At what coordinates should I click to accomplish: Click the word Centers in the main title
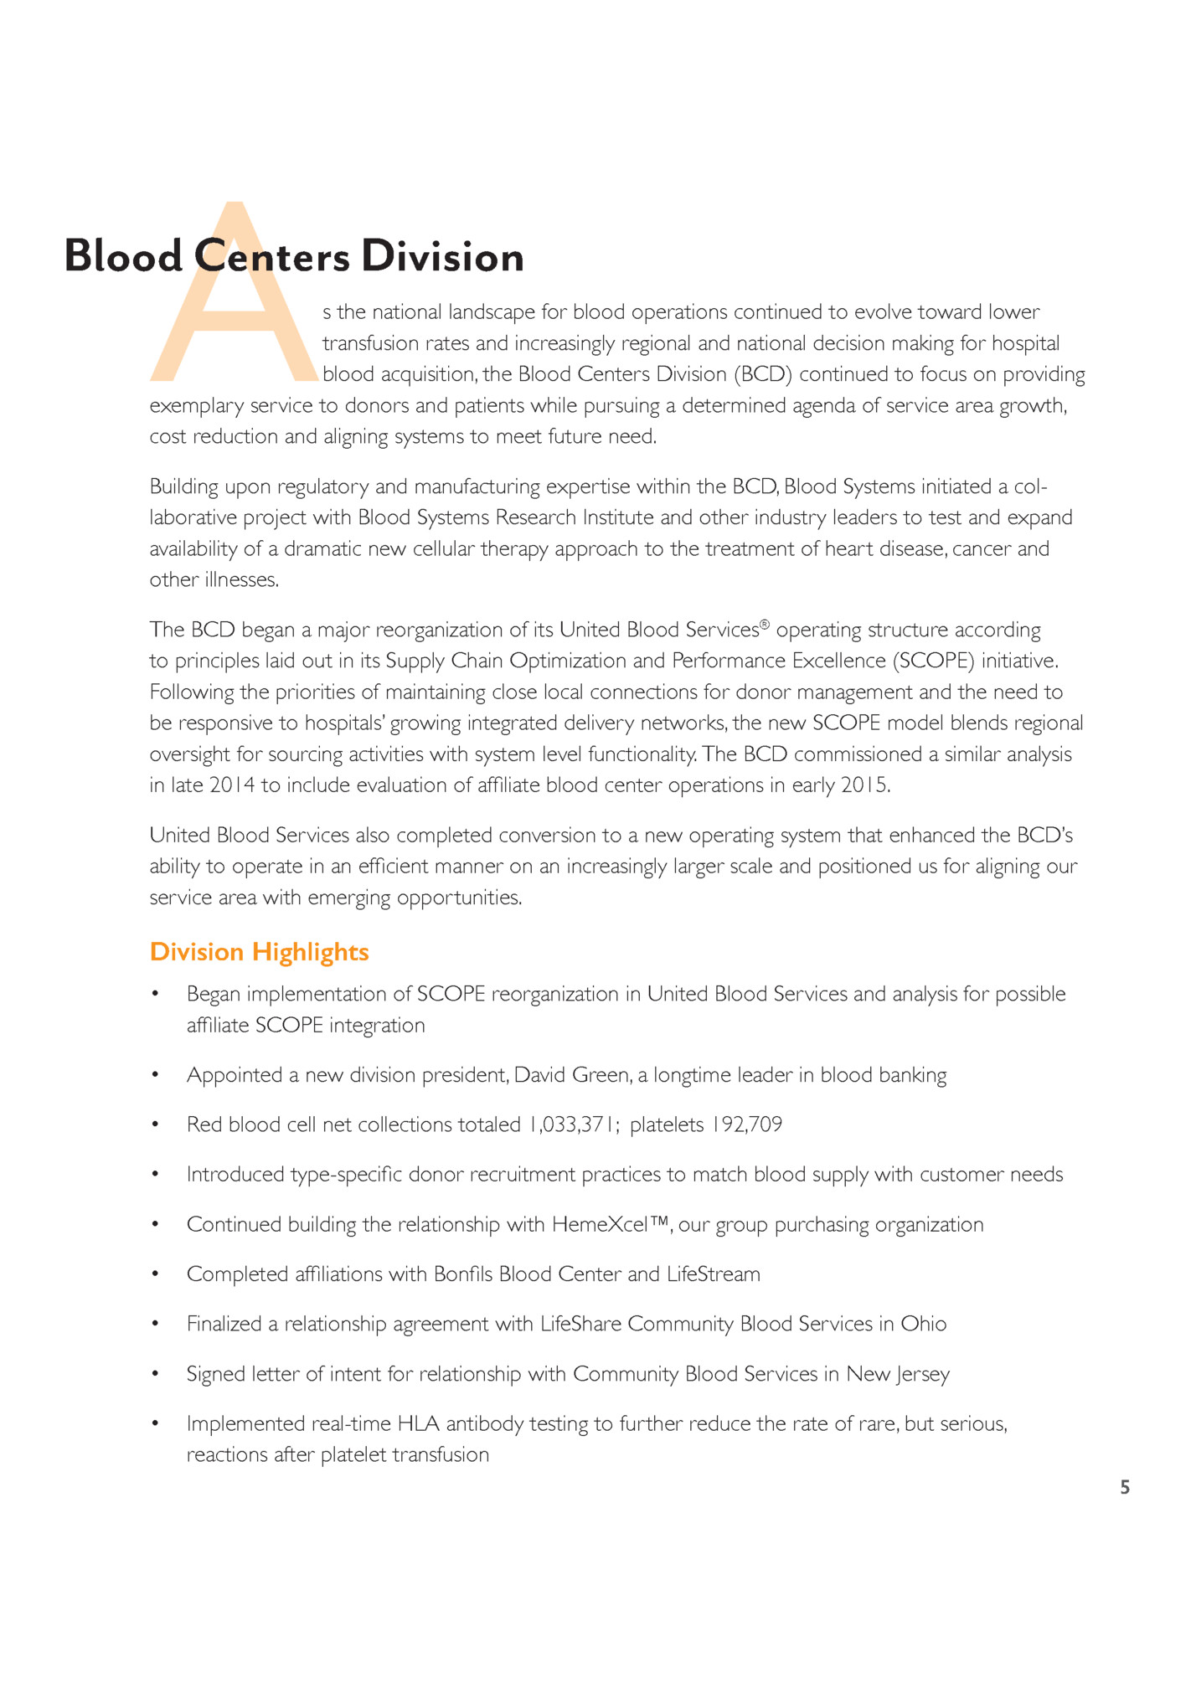(x=271, y=256)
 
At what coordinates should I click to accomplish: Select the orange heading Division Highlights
(x=259, y=952)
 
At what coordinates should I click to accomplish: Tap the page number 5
(x=1125, y=1487)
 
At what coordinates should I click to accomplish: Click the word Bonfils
(x=463, y=1274)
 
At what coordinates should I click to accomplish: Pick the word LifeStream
(x=714, y=1274)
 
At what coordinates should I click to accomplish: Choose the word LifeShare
(x=580, y=1324)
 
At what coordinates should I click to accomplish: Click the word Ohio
(x=923, y=1324)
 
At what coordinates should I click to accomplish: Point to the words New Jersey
(x=898, y=1374)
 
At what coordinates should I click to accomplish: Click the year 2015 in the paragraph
(x=863, y=785)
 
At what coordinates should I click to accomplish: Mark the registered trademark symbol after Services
(x=764, y=625)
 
